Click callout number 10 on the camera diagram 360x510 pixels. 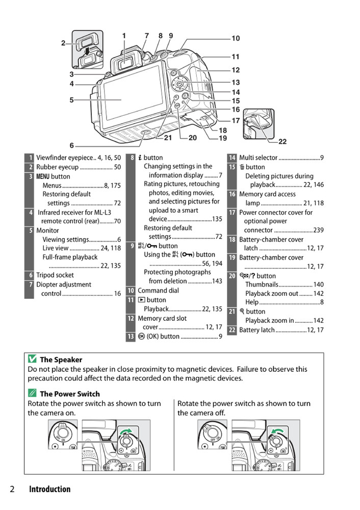pyautogui.click(x=236, y=38)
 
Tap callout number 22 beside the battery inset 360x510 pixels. pyautogui.click(x=282, y=141)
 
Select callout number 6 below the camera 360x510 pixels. pyautogui.click(x=72, y=145)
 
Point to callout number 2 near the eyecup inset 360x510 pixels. pyautogui.click(x=64, y=43)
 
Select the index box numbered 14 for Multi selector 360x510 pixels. pyautogui.click(x=232, y=158)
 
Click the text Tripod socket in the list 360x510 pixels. pyautogui.click(x=55, y=275)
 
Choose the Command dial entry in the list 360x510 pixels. pyautogui.click(x=158, y=291)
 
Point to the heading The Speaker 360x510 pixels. pyautogui.click(x=61, y=360)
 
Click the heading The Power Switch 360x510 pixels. pyautogui.click(x=69, y=394)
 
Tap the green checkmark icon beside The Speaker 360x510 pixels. pyautogui.click(x=32, y=360)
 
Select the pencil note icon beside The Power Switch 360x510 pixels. pyautogui.click(x=32, y=394)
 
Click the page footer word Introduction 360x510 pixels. pyautogui.click(x=49, y=490)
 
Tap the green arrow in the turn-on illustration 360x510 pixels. pyautogui.click(x=125, y=433)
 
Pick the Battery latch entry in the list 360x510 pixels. pyautogui.click(x=258, y=330)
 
